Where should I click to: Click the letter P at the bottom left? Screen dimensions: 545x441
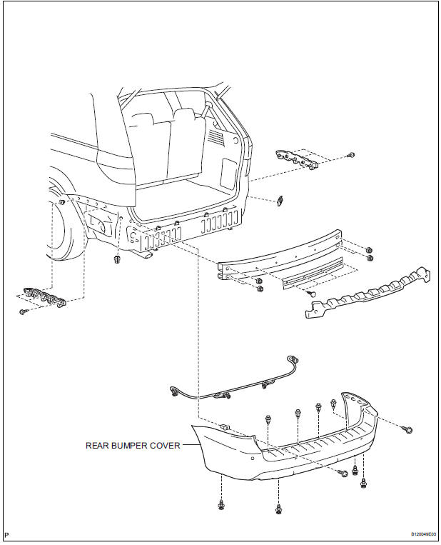[6, 534]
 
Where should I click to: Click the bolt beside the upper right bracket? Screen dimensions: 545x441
[351, 155]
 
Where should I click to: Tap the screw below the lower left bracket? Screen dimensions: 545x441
[23, 312]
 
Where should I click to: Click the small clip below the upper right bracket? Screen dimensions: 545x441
[282, 201]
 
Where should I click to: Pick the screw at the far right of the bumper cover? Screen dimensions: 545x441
[410, 430]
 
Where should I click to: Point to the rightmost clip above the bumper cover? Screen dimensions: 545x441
[333, 404]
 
